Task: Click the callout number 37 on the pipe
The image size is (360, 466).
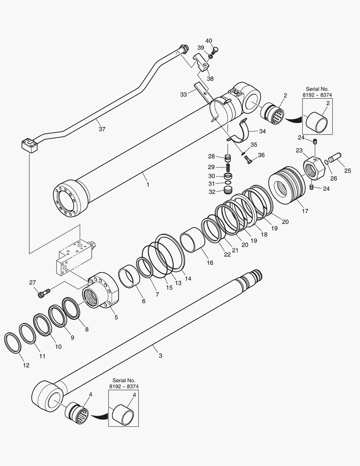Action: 102,129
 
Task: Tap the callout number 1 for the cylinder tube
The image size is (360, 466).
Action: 147,184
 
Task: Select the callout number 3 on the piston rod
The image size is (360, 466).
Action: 160,356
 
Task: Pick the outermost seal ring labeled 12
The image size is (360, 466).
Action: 13,343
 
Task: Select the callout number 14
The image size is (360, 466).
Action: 188,279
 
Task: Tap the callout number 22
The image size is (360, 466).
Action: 227,255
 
